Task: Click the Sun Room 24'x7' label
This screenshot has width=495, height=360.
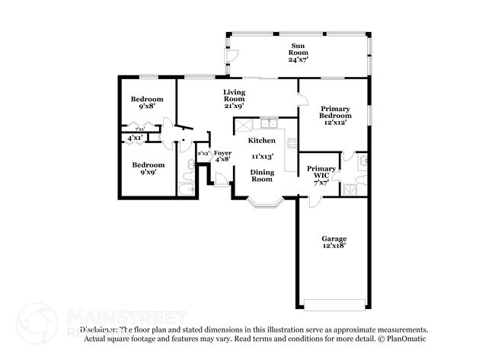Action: click(292, 54)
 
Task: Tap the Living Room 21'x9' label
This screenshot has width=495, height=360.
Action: click(234, 100)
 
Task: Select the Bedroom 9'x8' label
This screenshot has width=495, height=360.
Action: click(146, 104)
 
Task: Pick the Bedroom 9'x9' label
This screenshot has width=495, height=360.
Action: click(148, 169)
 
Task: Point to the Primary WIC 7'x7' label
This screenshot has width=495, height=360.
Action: click(321, 175)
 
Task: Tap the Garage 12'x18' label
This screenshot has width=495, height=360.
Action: click(334, 243)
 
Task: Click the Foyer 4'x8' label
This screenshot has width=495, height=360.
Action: click(222, 156)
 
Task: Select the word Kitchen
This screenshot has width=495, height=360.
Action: click(261, 141)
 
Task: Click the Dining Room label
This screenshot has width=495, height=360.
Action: click(262, 176)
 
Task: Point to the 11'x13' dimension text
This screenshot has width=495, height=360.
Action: click(263, 157)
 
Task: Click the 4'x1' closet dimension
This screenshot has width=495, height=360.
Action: click(135, 138)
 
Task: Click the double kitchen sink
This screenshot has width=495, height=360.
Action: click(268, 124)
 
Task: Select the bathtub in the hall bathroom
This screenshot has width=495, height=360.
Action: click(187, 188)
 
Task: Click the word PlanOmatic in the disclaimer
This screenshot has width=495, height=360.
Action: click(405, 339)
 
